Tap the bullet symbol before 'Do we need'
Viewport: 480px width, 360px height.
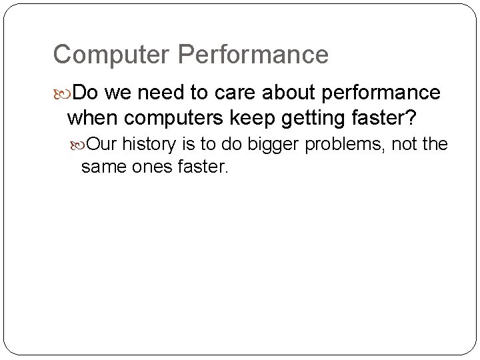point(61,91)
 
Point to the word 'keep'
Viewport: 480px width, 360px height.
point(251,119)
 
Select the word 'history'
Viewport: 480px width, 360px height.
point(153,144)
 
